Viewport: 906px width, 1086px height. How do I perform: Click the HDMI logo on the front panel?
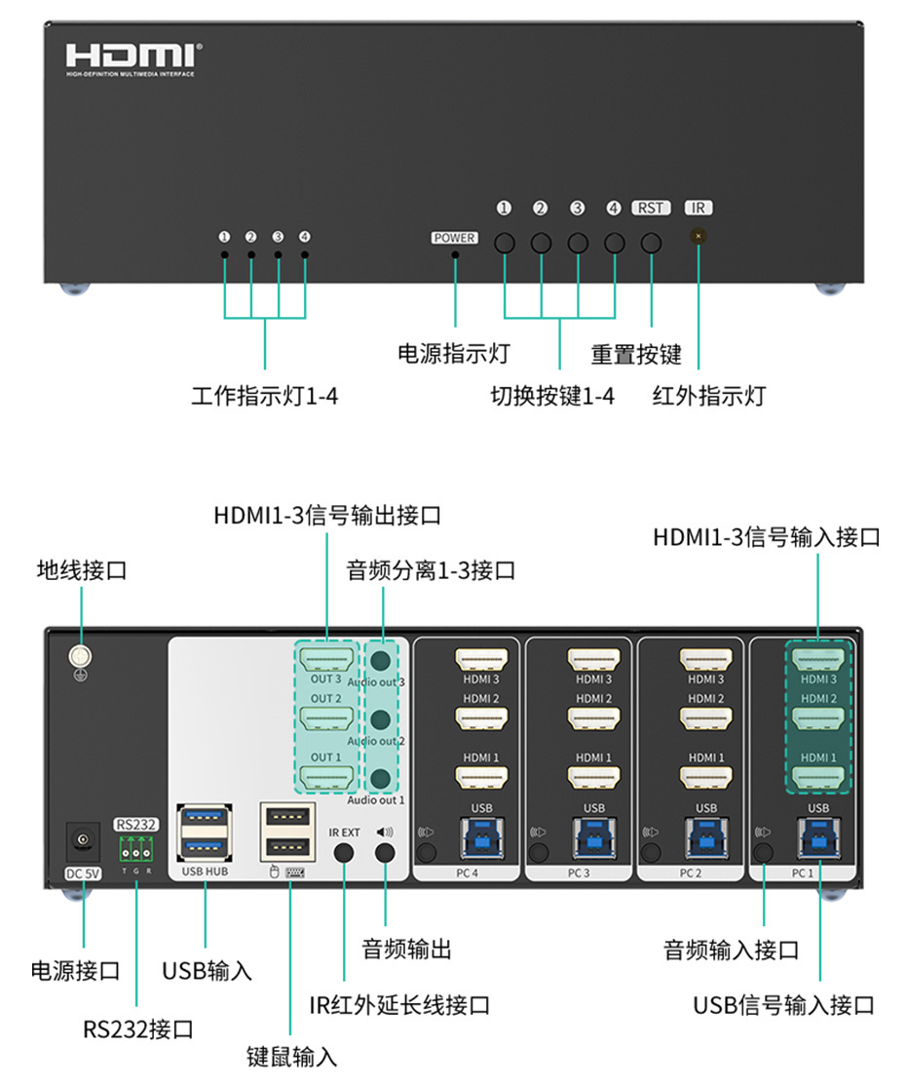point(134,56)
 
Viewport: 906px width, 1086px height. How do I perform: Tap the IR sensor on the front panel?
point(698,236)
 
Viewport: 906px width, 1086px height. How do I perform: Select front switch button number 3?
point(578,243)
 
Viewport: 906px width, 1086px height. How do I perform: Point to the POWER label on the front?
point(454,238)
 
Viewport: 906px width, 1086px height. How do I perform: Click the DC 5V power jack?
point(83,839)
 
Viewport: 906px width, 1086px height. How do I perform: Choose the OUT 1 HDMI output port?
point(325,777)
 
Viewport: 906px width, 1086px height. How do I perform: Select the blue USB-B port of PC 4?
point(481,837)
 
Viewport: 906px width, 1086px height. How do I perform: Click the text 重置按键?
point(636,354)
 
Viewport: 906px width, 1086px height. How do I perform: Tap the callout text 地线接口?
point(82,570)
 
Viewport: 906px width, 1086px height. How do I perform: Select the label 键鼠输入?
point(291,1056)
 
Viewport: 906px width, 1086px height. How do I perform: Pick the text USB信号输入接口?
point(783,1005)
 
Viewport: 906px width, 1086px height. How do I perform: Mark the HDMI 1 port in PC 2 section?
point(705,777)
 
